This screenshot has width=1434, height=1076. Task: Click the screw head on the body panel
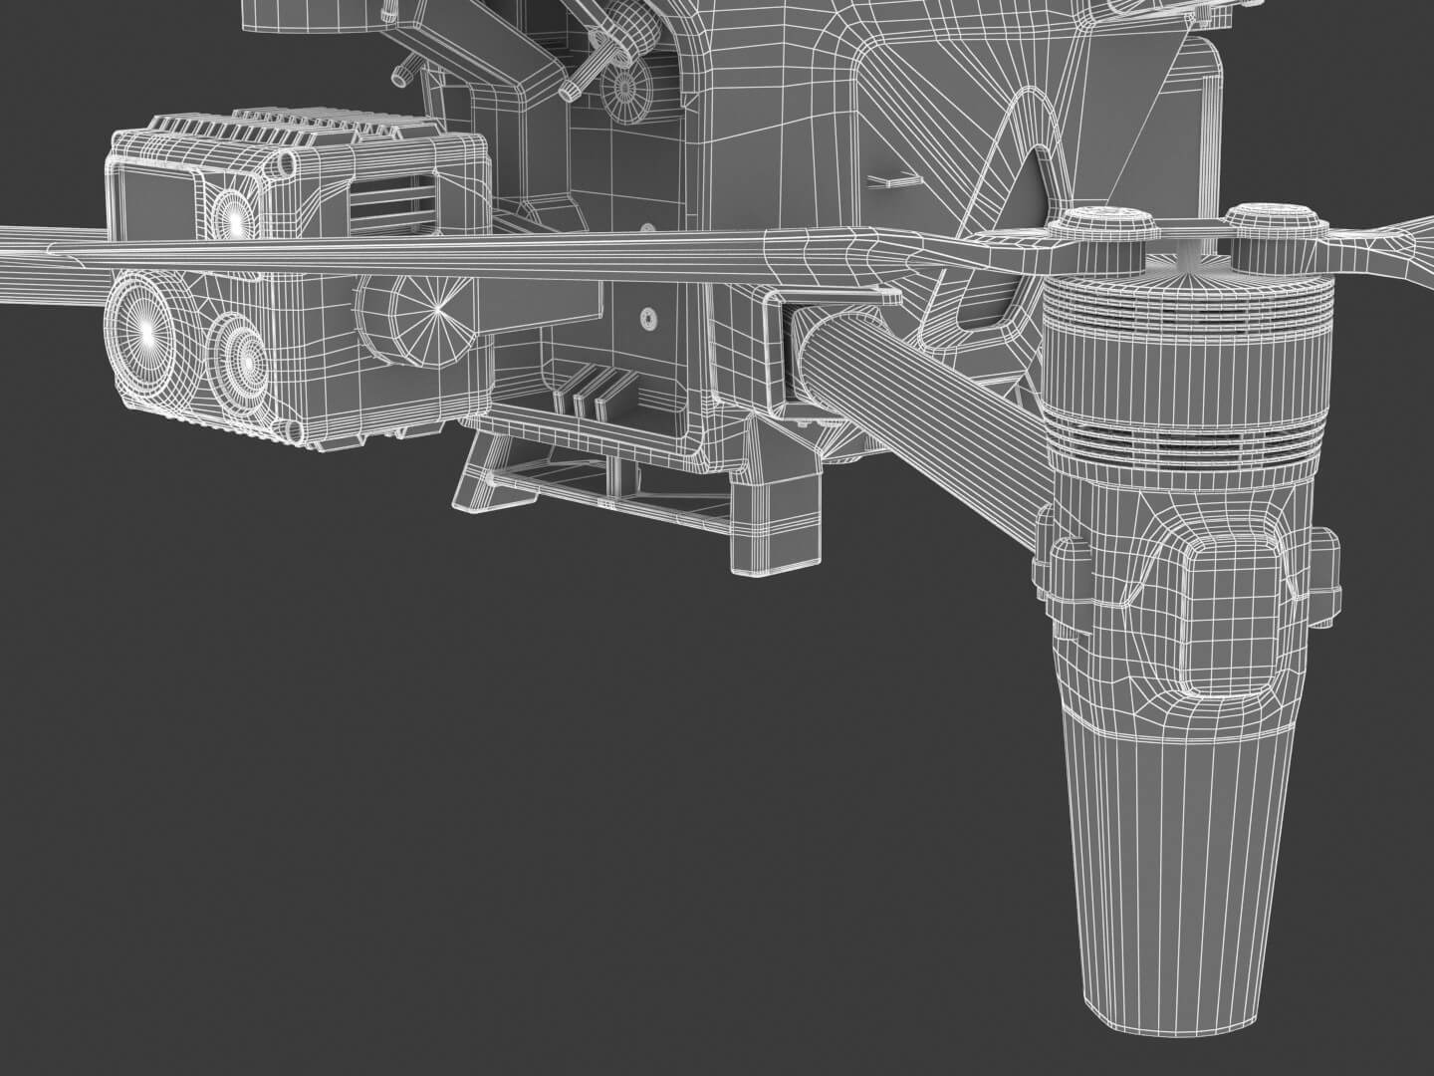click(x=648, y=320)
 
